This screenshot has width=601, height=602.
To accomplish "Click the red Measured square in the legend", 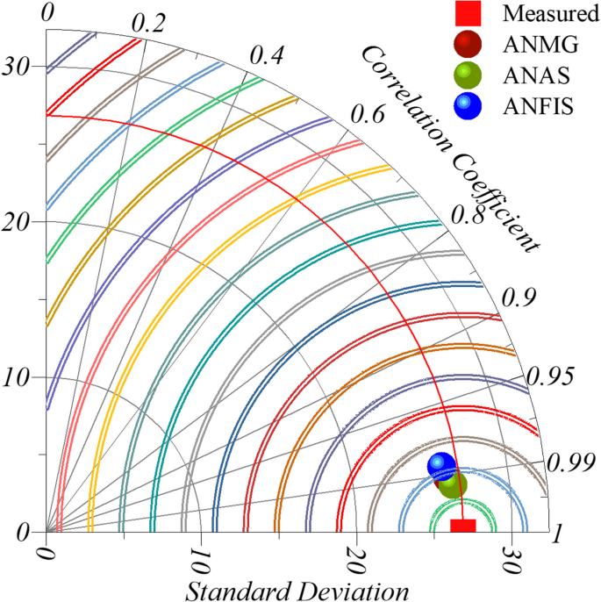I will (468, 14).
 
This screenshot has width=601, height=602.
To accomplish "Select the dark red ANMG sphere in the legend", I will (468, 44).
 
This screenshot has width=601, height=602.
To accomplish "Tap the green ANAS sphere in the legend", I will (468, 75).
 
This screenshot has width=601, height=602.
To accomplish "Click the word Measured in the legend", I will (545, 14).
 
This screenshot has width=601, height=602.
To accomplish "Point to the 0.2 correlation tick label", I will (149, 24).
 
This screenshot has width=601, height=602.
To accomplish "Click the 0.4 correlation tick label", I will (267, 54).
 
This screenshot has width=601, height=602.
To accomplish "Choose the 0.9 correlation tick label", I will (519, 297).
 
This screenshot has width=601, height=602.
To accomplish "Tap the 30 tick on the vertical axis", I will (17, 67).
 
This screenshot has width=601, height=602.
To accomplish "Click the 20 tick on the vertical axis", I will (17, 222).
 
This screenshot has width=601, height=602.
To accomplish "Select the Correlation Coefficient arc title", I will (449, 145).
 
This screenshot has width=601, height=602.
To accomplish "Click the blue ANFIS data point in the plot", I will (441, 466).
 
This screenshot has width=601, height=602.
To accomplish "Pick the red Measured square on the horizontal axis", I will (462, 525).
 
